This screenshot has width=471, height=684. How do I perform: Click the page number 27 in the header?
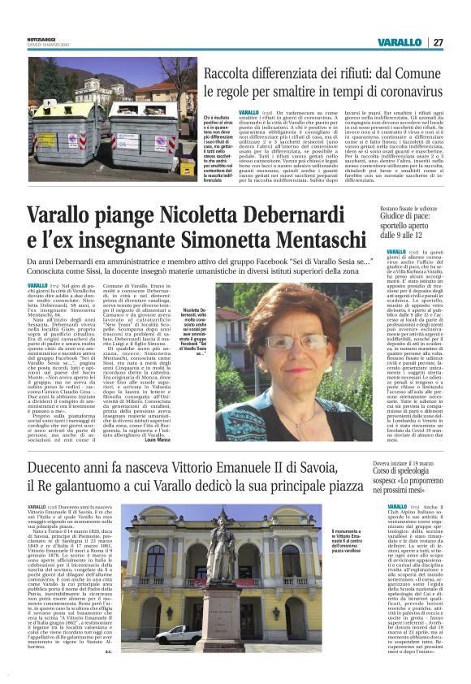(438, 42)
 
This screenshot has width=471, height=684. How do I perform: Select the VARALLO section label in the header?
(400, 42)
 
